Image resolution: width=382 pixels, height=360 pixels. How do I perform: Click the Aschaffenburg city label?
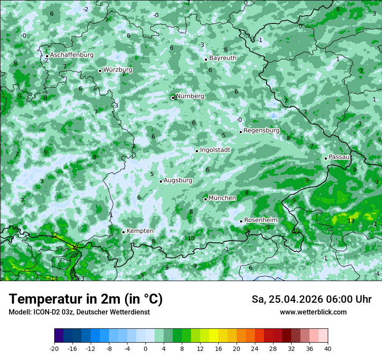[72, 55]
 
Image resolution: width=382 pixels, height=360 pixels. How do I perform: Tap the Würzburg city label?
[118, 70]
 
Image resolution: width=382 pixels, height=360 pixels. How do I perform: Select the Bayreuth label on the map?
[223, 58]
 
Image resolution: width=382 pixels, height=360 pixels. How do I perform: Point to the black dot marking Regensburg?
[240, 132]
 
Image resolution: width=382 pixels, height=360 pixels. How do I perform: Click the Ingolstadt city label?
[215, 150]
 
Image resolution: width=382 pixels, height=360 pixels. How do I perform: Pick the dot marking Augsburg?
[161, 181]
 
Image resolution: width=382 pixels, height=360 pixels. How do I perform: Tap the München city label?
[222, 198]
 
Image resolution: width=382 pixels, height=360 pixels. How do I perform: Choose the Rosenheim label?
[260, 220]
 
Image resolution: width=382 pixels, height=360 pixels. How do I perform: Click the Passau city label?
[339, 157]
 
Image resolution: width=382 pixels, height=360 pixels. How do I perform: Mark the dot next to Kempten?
[123, 232]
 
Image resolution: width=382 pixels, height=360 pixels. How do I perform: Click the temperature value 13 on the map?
[351, 221]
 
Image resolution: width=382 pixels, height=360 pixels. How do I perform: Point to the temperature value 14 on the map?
[54, 278]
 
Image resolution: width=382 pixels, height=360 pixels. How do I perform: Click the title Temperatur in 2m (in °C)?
[86, 299]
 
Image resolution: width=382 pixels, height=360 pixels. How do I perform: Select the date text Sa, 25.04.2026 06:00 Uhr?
[311, 299]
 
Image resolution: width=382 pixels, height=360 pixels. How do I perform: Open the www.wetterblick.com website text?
[313, 312]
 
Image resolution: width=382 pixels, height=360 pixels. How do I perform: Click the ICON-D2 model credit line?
[79, 312]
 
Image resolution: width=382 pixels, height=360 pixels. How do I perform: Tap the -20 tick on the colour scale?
[54, 348]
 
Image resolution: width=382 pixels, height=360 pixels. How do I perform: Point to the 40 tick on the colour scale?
[327, 348]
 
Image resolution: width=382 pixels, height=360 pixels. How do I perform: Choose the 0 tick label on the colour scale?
[145, 348]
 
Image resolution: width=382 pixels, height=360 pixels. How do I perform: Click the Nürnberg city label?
[190, 96]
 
